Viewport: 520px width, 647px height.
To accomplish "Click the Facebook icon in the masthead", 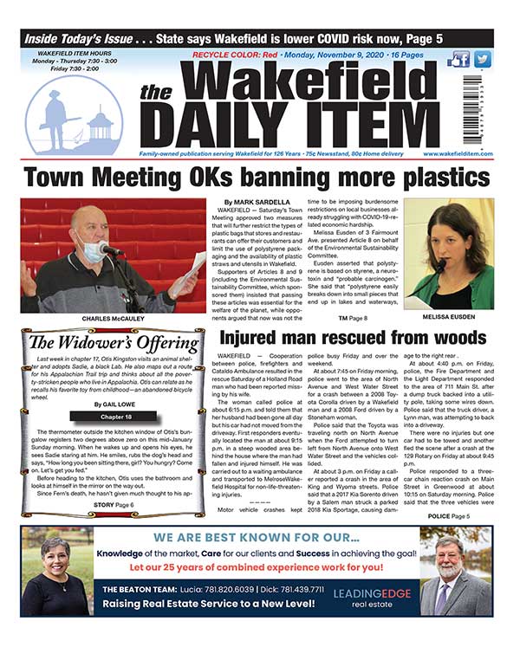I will [460, 60].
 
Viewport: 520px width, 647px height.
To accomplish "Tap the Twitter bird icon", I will [483, 60].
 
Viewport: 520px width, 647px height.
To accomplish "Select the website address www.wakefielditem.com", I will [458, 153].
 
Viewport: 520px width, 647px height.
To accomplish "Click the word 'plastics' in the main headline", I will [443, 178].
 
